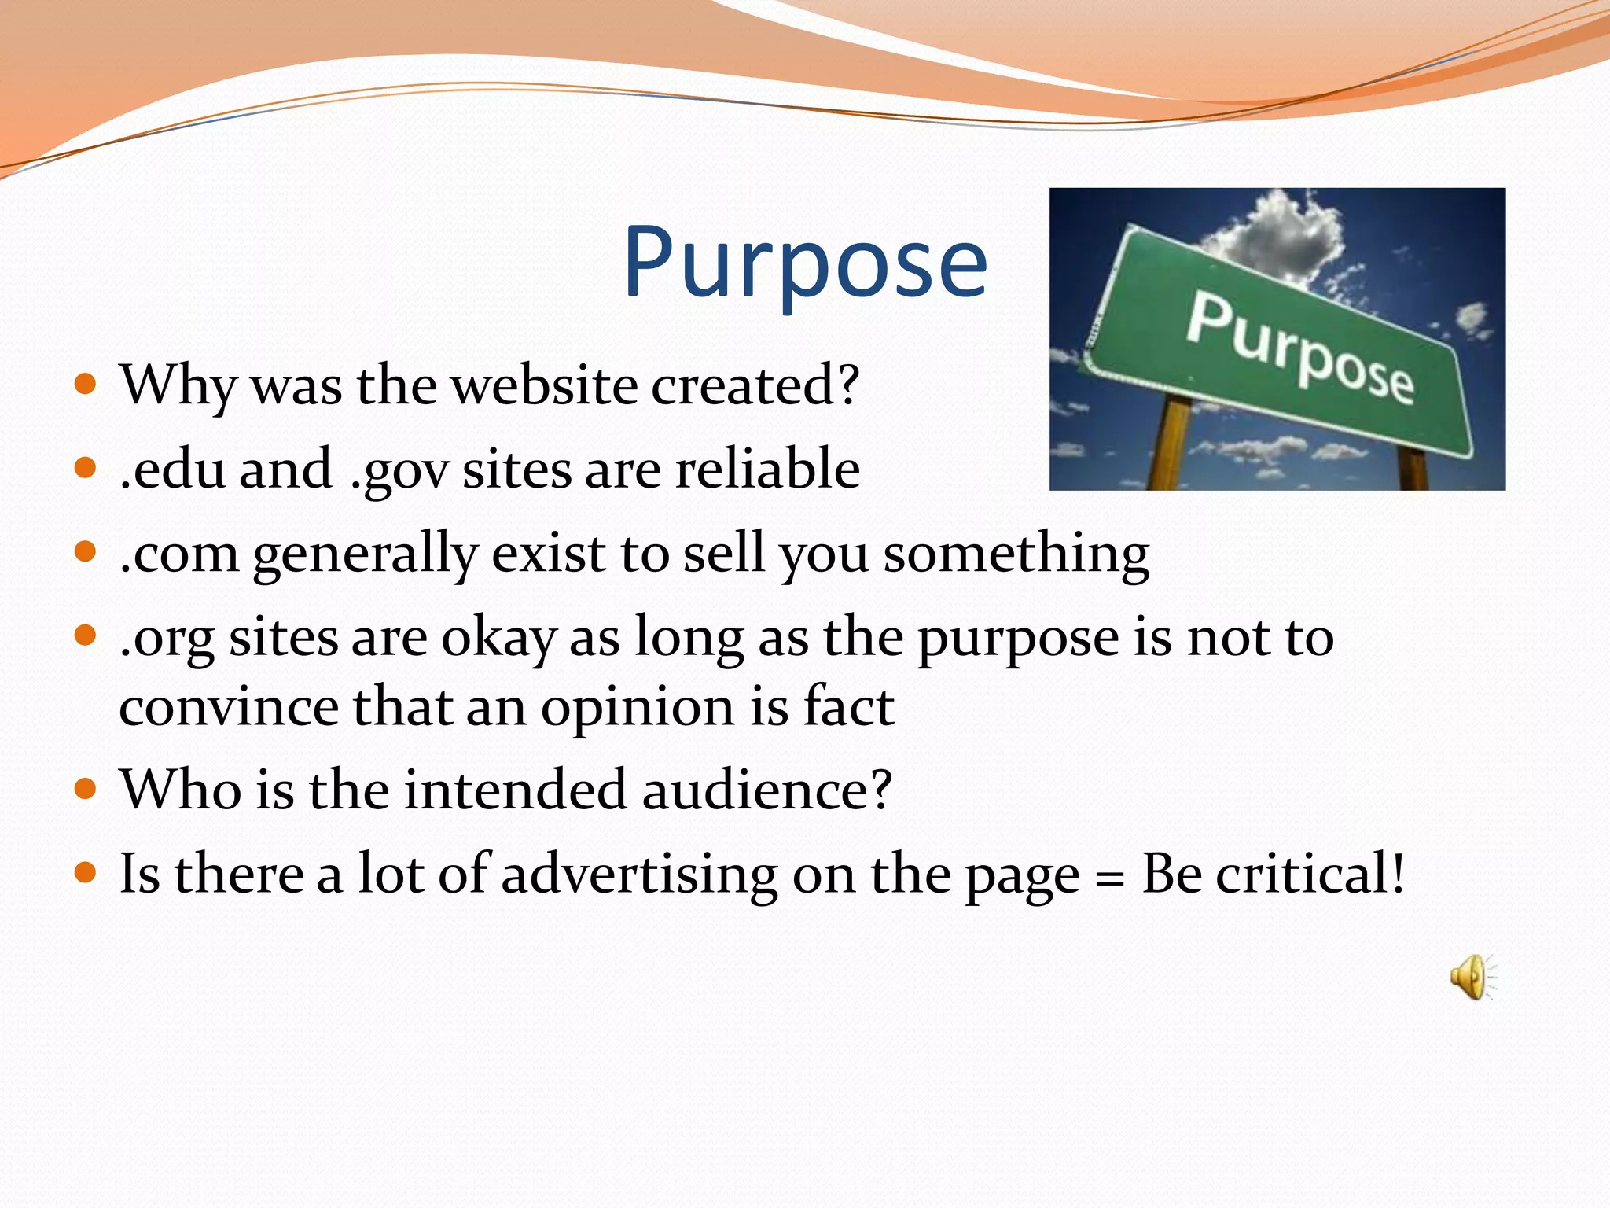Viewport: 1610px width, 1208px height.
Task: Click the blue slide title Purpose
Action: click(x=805, y=263)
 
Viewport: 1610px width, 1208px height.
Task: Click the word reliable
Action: click(x=767, y=470)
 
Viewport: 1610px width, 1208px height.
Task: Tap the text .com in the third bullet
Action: click(x=179, y=554)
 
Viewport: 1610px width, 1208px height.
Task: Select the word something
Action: click(x=1016, y=554)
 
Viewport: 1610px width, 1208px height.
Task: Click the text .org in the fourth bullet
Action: click(x=167, y=639)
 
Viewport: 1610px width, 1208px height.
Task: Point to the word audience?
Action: click(x=767, y=790)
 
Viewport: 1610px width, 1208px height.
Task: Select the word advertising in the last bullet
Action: click(x=638, y=875)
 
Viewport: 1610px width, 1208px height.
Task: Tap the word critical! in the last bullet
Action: click(x=1310, y=875)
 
